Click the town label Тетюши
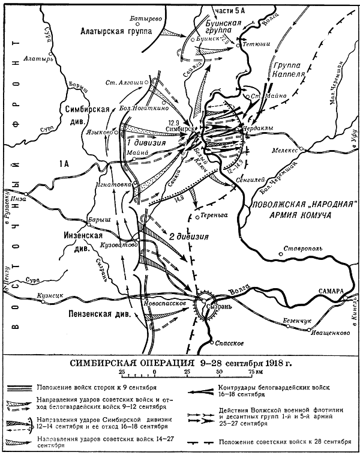click(257, 44)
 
